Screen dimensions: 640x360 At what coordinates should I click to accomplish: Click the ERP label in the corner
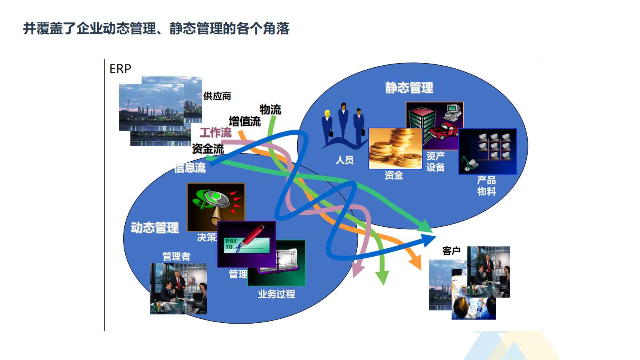coord(120,69)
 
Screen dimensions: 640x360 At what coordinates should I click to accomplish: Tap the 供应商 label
coord(217,96)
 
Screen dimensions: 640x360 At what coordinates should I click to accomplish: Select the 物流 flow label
coord(270,109)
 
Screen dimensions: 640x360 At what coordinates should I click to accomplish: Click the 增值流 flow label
coord(245,121)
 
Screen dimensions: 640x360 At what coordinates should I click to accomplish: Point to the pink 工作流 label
coord(216,133)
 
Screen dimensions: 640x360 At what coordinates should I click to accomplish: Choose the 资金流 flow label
coord(208,149)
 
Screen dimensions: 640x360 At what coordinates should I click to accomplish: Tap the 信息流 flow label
coord(190,168)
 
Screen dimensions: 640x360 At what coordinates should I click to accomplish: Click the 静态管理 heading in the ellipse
coord(409,88)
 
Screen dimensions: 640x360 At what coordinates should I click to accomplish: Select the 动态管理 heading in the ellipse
coord(155,228)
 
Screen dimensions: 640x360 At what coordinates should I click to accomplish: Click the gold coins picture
coord(395,148)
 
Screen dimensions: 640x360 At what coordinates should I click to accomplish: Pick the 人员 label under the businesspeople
coord(344,160)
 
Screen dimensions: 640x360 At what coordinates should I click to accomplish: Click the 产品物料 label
coord(486,186)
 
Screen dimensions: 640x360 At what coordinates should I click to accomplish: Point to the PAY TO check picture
coord(246,244)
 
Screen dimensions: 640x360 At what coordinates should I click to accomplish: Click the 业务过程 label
coord(276,294)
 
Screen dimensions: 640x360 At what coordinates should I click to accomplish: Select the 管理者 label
coord(176,256)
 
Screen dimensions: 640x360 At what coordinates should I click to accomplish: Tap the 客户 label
coord(451,251)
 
